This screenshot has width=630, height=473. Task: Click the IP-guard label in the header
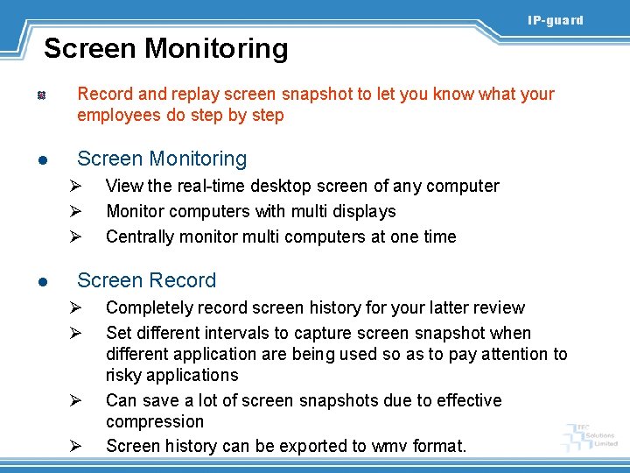[x=555, y=20]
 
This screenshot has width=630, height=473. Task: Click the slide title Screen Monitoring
[x=165, y=48]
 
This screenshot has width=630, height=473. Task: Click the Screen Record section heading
[x=146, y=280]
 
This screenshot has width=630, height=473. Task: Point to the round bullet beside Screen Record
[x=41, y=282]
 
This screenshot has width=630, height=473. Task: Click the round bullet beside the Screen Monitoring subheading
[x=41, y=160]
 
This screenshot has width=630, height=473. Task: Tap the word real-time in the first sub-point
[x=197, y=186]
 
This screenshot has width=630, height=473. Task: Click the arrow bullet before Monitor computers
[x=75, y=211]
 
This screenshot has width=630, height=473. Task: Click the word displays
[x=361, y=211]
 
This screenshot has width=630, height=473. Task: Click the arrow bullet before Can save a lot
[x=75, y=400]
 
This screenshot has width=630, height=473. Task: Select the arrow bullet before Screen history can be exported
[x=75, y=446]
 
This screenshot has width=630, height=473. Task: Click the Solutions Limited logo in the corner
[x=592, y=435]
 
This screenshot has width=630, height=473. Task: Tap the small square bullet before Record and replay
[x=40, y=95]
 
